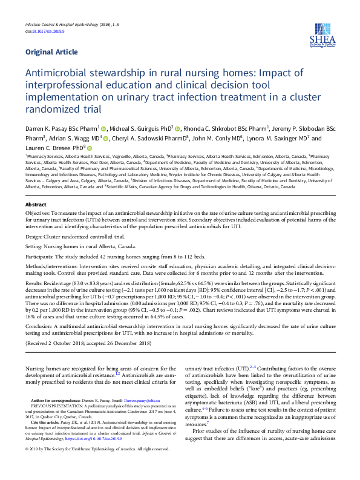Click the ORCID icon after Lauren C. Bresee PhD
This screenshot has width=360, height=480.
(90, 148)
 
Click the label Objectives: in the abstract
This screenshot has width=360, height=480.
(38, 215)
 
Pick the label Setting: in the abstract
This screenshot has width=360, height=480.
(34, 246)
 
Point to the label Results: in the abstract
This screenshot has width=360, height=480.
(35, 283)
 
